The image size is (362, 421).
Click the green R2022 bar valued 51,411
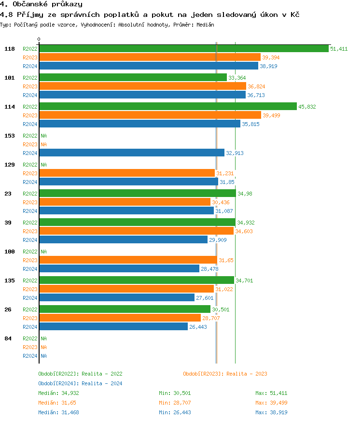tap(183, 49)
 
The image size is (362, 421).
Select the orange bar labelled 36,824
tap(142, 86)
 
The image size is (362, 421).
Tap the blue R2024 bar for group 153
tap(131, 153)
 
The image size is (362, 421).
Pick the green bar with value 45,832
tap(167, 107)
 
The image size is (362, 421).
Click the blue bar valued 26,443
tap(113, 327)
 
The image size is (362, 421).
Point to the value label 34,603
tap(244, 231)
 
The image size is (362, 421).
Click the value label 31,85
tap(227, 182)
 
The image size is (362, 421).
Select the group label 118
tap(10, 49)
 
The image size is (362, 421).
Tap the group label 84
tap(8, 338)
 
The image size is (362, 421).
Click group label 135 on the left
tap(10, 281)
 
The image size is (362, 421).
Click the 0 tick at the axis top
tap(39, 39)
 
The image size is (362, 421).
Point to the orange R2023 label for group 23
tap(30, 202)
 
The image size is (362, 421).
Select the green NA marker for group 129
tap(43, 165)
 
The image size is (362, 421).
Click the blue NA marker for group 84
tap(43, 356)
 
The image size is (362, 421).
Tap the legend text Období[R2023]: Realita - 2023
tap(225, 374)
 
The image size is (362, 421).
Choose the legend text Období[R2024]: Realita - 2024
tap(80, 383)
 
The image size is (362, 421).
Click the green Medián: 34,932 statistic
tap(58, 393)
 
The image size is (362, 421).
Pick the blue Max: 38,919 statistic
tap(271, 412)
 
